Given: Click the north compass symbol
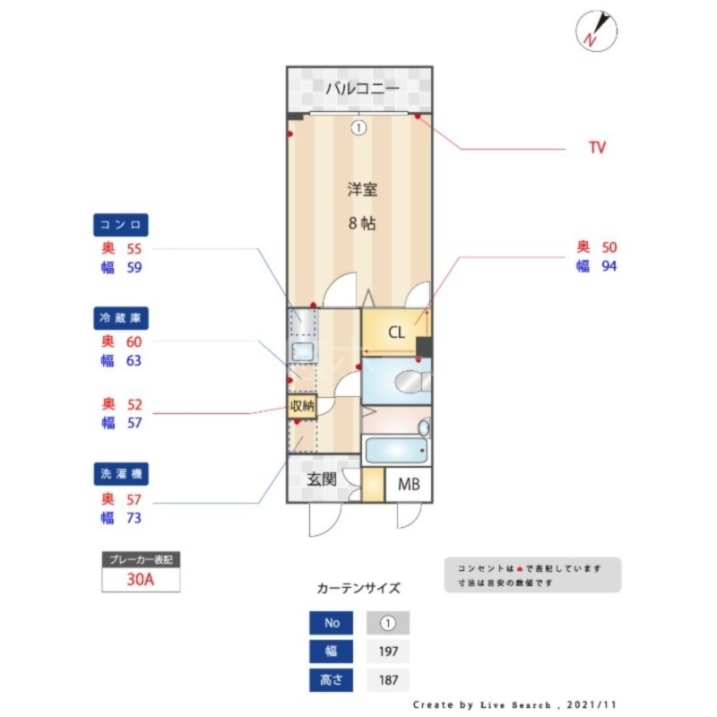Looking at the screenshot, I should point(596,30).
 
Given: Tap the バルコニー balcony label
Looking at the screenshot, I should point(362,88).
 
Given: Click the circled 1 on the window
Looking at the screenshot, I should point(358,127).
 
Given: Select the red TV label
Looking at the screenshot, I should point(597,148).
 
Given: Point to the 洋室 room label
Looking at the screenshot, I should point(362,190).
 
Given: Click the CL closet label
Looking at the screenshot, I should point(396,333).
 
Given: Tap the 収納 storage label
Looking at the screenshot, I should point(302,406).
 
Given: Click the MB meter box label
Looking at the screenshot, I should point(409,485).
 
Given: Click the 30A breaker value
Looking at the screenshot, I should point(141,579).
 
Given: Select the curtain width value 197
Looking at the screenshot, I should point(388,652).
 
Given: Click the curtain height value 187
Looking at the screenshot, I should point(388,680).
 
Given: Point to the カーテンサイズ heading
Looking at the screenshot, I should point(358,589).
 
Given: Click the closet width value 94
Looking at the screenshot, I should point(610,266).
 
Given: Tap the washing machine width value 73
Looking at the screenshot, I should point(134,518).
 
